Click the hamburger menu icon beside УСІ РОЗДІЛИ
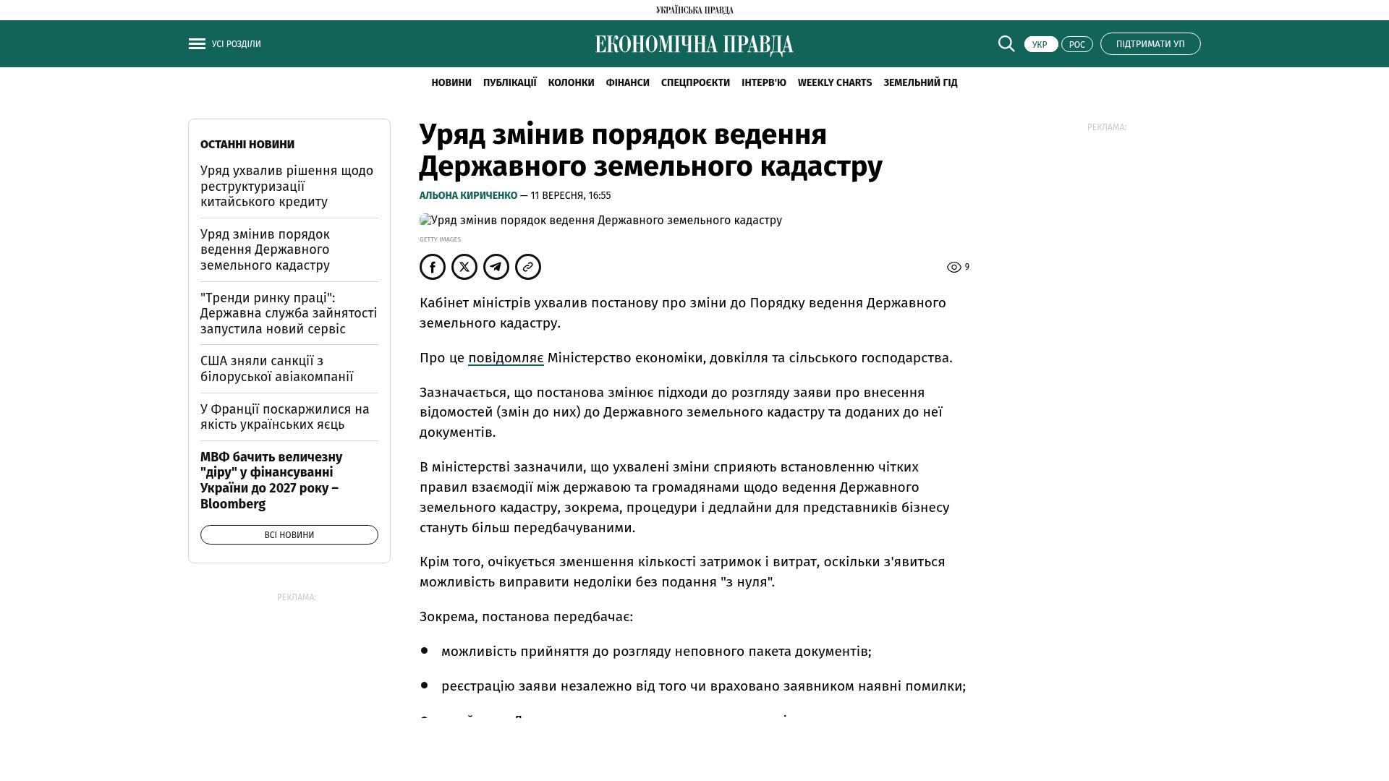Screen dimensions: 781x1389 [x=197, y=44]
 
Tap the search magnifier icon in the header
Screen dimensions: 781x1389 [x=1006, y=44]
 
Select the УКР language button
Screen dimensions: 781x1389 [x=1040, y=45]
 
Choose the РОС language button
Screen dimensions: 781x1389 [x=1076, y=45]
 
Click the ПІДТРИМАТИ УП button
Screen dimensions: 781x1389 [x=1150, y=44]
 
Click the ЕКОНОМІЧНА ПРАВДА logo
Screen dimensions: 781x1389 [x=694, y=45]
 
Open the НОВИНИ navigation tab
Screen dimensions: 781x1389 [x=451, y=83]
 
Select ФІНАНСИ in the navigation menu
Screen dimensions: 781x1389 [x=627, y=83]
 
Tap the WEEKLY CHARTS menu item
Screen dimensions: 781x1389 [x=834, y=83]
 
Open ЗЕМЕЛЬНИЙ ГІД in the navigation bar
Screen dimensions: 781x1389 [x=920, y=83]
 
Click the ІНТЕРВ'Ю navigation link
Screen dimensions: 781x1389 [x=763, y=83]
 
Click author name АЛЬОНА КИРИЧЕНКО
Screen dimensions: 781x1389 [x=468, y=196]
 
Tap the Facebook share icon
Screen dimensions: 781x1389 [x=433, y=267]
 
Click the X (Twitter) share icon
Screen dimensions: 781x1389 [x=464, y=267]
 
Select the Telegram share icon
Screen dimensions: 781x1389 [x=496, y=267]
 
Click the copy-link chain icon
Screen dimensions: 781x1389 [x=528, y=267]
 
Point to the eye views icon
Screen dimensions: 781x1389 [x=954, y=268]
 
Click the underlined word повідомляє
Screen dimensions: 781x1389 [x=506, y=358]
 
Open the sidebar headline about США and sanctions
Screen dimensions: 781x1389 [x=276, y=369]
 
